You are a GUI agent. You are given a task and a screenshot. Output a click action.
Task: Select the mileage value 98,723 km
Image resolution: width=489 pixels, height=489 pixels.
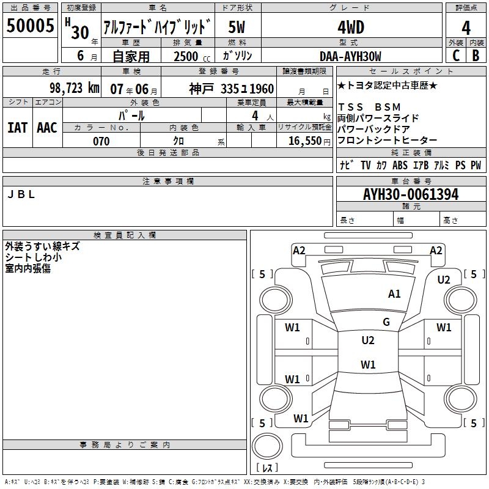tap(75, 88)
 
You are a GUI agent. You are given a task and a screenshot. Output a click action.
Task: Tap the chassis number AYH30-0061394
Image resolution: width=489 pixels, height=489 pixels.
tap(411, 195)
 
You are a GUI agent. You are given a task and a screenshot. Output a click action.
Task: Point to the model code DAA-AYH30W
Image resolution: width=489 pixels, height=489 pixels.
tap(350, 56)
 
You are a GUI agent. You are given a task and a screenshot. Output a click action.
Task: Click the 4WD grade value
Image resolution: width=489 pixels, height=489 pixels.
tap(350, 28)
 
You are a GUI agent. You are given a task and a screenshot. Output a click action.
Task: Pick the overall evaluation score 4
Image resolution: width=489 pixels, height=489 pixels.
tap(466, 28)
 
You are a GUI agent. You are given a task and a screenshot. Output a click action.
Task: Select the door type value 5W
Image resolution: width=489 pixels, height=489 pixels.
tap(238, 28)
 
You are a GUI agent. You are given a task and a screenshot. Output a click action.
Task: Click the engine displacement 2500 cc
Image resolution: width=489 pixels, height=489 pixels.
tap(186, 56)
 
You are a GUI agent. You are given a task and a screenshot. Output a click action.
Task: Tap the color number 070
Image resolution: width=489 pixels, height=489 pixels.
tap(101, 141)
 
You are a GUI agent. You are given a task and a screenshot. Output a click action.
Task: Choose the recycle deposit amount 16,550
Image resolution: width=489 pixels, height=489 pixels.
tap(306, 141)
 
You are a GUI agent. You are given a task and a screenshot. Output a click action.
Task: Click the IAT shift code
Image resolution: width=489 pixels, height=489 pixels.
tap(17, 127)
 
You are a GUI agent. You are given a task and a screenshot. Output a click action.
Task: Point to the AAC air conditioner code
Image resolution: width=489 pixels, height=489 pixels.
tap(47, 127)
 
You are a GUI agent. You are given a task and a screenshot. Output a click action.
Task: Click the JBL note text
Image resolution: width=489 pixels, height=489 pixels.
tap(21, 195)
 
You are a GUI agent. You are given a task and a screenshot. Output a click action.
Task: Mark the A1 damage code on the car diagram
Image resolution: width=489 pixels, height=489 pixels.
tap(394, 294)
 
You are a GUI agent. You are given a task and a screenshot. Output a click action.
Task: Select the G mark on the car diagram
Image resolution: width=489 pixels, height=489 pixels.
tap(386, 322)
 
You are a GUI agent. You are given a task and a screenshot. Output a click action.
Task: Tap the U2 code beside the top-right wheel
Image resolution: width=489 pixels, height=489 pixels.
tap(444, 279)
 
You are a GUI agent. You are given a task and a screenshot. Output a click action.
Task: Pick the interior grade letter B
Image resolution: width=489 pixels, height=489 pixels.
tap(476, 56)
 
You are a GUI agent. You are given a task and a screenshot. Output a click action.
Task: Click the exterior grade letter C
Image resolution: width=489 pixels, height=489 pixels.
tap(456, 56)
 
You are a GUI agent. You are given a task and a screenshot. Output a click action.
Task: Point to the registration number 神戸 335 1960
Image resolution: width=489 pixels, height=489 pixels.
tap(231, 89)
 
